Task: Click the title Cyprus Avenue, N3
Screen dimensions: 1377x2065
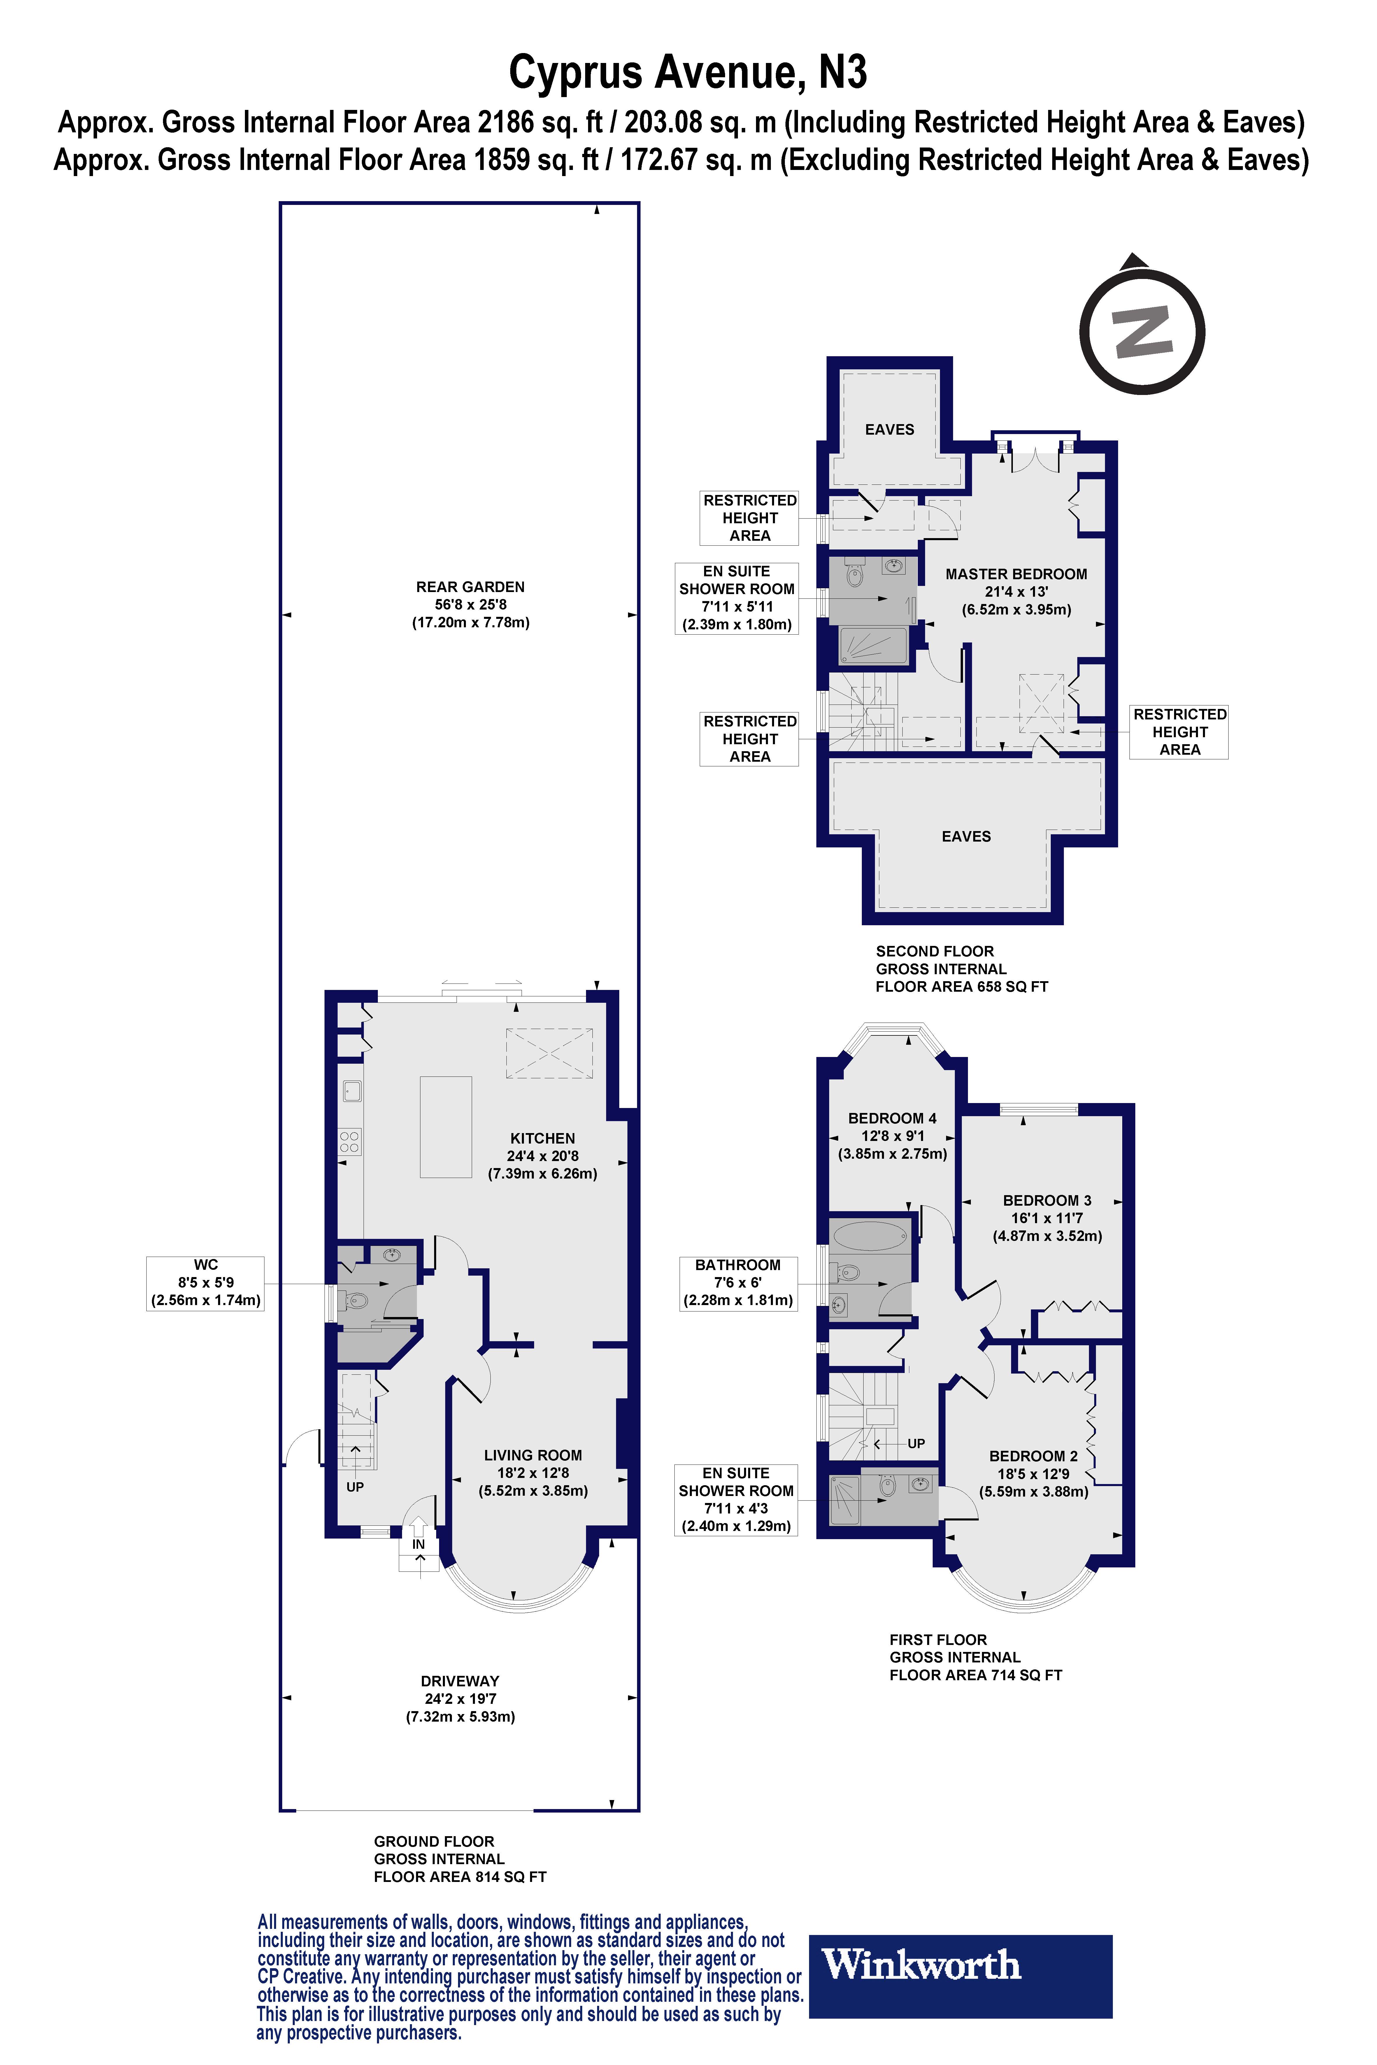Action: (687, 72)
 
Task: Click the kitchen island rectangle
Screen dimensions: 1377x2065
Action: (446, 1126)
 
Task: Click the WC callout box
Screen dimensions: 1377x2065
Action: (206, 1283)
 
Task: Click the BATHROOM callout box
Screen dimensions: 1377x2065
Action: (738, 1283)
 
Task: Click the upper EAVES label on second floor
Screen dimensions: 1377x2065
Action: (890, 429)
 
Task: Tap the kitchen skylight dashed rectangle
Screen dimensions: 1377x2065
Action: (549, 1053)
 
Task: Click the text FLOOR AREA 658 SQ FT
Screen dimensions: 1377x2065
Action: (962, 986)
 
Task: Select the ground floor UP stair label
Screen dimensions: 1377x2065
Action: (355, 1486)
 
